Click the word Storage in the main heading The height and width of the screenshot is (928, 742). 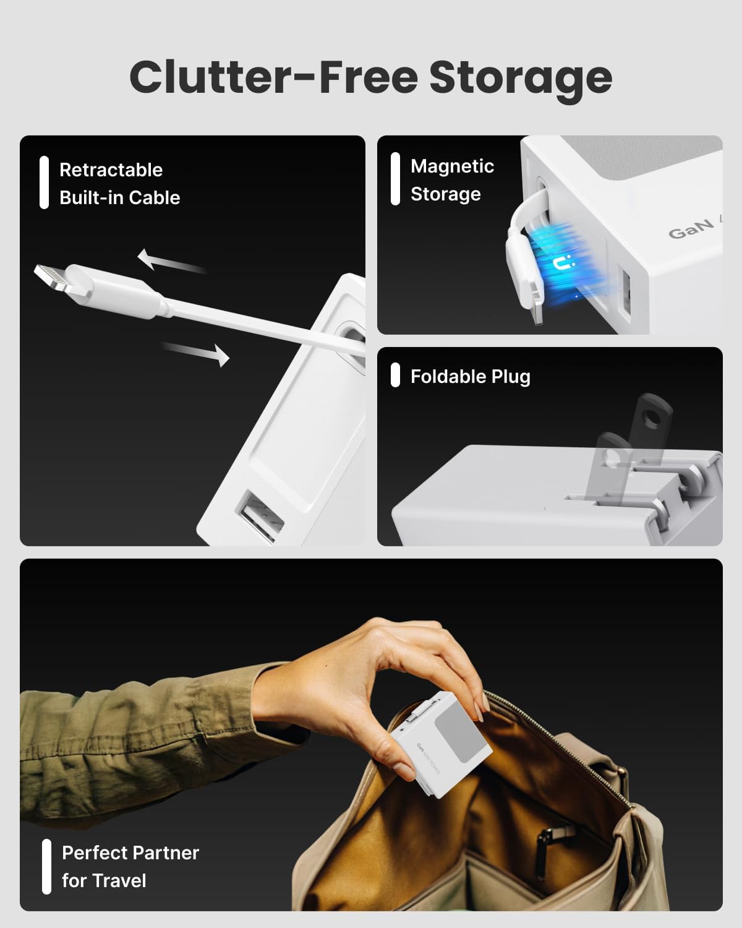(521, 78)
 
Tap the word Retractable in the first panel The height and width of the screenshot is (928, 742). (111, 170)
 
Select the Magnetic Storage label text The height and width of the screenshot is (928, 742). (452, 180)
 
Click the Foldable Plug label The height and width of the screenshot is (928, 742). (470, 376)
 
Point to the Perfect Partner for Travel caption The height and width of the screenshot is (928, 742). (130, 866)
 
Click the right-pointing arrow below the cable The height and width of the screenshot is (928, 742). (198, 354)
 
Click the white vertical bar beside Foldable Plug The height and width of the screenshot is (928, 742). (396, 376)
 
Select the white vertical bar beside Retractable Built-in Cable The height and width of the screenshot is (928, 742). (44, 183)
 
